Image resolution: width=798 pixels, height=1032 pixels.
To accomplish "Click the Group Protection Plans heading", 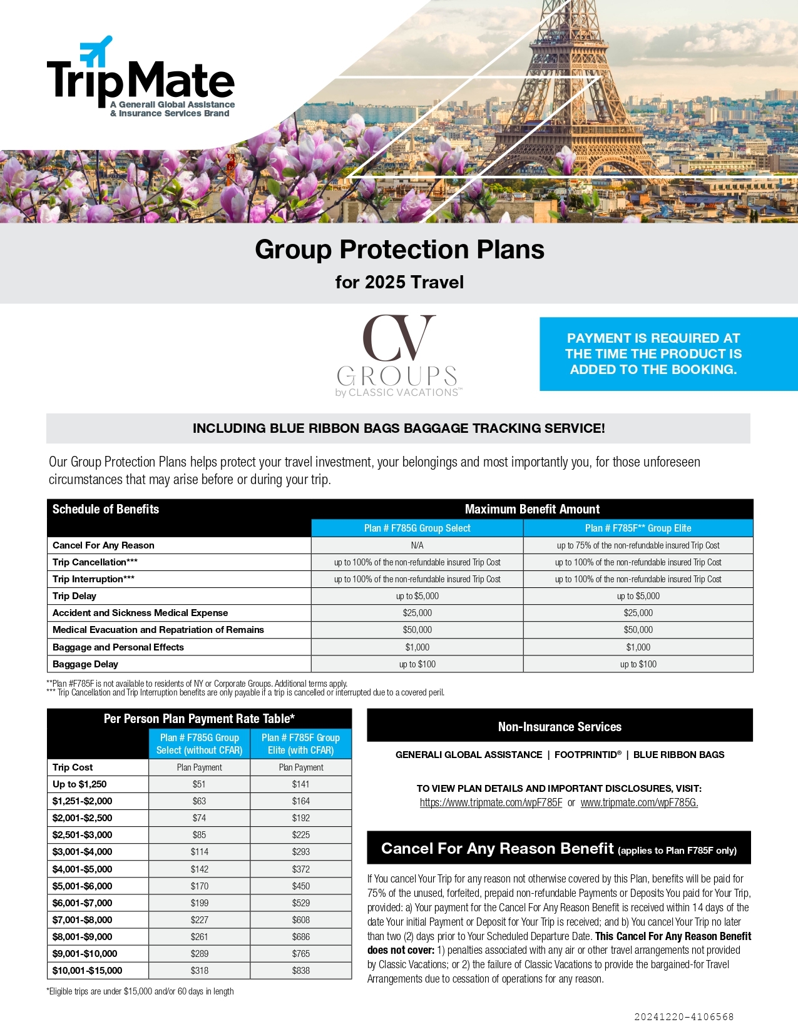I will pos(399,250).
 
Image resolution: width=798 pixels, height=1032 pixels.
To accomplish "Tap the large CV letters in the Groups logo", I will pos(399,338).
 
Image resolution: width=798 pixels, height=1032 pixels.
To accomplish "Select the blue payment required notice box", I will pos(668,354).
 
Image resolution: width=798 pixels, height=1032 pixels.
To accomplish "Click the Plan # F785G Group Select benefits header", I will pos(417,529).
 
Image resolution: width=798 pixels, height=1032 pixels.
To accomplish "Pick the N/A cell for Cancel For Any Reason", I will pos(417,545).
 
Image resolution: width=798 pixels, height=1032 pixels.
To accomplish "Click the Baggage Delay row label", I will pos(85,664).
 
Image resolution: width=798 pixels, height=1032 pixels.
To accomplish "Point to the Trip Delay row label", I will pos(74,596).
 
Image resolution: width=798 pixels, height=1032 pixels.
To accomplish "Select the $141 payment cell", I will pos(300,784).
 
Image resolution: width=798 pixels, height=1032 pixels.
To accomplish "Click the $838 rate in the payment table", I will pos(300,971).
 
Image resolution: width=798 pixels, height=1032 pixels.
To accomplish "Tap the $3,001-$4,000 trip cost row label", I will pos(82,852).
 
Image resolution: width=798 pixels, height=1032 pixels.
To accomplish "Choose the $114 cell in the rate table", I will pos(199,852).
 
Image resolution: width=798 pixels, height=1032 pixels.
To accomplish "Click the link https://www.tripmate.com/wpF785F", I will pos(491,802).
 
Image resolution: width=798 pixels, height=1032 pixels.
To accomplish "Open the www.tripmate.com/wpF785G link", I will pos(639,802).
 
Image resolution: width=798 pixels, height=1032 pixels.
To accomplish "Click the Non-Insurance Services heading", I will pos(560,727).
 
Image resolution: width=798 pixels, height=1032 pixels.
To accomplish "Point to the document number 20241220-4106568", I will pos(683,1017).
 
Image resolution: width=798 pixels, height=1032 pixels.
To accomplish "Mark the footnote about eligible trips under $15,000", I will pos(140,991).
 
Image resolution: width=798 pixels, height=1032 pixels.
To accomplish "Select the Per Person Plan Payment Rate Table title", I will pos(199,719).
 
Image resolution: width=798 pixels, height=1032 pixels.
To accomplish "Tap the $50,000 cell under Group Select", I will pos(417,630).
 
